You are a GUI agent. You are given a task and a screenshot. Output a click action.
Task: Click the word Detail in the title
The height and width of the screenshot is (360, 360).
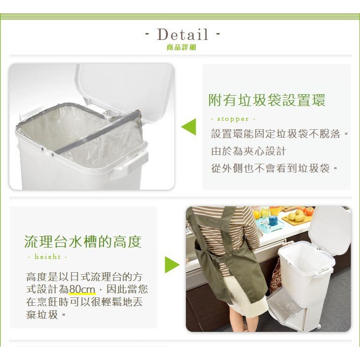tap(182, 35)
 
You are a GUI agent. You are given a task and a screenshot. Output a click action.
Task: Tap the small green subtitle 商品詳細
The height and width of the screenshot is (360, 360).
tap(181, 48)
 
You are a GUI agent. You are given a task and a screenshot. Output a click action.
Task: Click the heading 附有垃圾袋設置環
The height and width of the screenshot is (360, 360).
tap(267, 101)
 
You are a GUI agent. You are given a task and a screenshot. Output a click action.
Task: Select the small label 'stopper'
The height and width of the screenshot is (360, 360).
tap(233, 119)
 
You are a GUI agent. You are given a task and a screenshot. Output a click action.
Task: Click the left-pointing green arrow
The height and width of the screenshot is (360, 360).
tap(189, 127)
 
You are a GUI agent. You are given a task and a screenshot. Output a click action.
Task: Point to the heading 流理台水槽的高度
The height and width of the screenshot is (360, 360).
tap(83, 242)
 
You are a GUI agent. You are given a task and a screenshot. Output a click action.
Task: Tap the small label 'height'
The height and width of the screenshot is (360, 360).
tap(47, 257)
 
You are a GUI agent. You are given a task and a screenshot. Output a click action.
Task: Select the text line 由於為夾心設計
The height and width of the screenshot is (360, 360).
tap(249, 151)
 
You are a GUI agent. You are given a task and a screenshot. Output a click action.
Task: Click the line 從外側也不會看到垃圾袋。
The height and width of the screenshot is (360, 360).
tap(275, 168)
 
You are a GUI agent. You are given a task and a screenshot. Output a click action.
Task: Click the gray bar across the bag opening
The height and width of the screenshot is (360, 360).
tap(99, 134)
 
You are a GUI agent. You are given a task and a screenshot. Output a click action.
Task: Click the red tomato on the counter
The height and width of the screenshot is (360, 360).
tap(309, 211)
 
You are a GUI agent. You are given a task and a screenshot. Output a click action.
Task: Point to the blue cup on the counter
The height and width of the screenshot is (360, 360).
tap(273, 220)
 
